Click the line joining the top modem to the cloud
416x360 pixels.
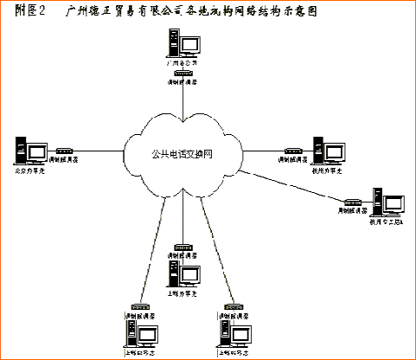[183, 104]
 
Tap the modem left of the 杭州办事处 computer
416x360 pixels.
[291, 150]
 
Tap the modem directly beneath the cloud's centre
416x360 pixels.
[183, 247]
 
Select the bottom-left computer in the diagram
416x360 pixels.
[134, 333]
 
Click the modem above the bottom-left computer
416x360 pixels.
[137, 306]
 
